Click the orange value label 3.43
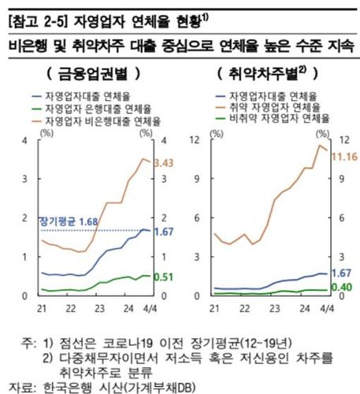click(163, 163)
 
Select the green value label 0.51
click(163, 277)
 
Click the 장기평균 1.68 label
click(69, 222)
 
